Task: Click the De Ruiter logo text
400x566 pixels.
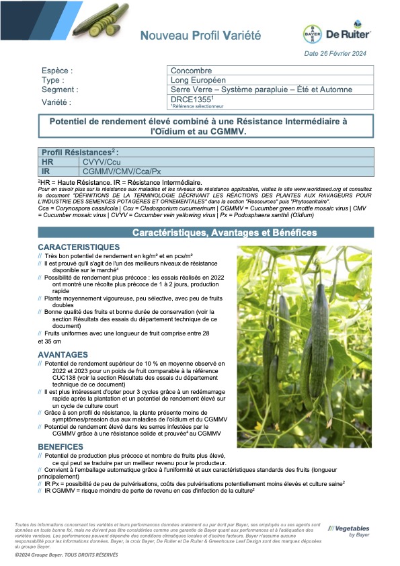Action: pos(348,33)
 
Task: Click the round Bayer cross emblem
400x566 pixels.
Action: pos(313,34)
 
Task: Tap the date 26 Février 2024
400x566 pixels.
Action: pos(336,53)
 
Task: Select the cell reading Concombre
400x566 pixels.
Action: pos(191,71)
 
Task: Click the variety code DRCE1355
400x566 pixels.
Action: pos(189,99)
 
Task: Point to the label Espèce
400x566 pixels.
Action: pos(57,71)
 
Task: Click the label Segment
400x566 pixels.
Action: pos(60,89)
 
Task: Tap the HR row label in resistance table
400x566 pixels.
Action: pos(48,162)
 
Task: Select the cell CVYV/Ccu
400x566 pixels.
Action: pos(102,162)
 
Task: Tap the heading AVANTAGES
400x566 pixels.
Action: pos(63,354)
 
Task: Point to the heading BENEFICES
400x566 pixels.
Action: pos(61,446)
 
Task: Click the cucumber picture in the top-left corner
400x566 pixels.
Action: pos(99,20)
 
